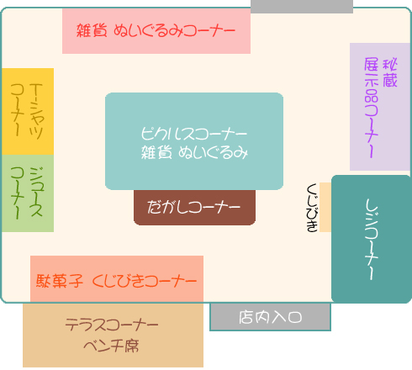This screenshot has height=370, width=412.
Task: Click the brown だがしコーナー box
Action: pyautogui.click(x=194, y=208)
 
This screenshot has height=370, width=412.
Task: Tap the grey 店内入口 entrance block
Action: pyautogui.click(x=271, y=317)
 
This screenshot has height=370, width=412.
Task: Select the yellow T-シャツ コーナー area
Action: pyautogui.click(x=28, y=111)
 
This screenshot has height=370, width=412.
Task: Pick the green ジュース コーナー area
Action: pyautogui.click(x=28, y=193)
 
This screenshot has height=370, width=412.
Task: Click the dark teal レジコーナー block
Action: pyautogui.click(x=372, y=239)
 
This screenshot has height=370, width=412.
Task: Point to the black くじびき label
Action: pyautogui.click(x=312, y=208)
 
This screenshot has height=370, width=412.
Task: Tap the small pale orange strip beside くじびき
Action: pyautogui.click(x=325, y=207)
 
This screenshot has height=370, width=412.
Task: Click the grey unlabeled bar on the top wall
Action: pyautogui.click(x=302, y=7)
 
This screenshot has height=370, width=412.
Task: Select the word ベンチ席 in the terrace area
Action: pyautogui.click(x=111, y=346)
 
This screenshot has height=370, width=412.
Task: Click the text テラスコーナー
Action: pyautogui.click(x=112, y=325)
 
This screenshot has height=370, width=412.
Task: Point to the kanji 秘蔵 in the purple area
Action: pyautogui.click(x=390, y=72)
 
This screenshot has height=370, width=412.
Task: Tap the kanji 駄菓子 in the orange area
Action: pyautogui.click(x=60, y=281)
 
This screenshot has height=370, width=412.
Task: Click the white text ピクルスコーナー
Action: pyautogui.click(x=194, y=134)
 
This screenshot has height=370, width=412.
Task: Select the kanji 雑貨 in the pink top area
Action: pyautogui.click(x=92, y=30)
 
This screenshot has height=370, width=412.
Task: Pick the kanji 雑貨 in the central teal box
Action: pyautogui.click(x=156, y=152)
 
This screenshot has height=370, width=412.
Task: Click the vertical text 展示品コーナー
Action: pyautogui.click(x=372, y=108)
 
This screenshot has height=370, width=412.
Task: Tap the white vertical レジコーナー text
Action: pyautogui.click(x=372, y=239)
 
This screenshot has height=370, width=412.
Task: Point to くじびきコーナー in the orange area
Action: pyautogui.click(x=145, y=281)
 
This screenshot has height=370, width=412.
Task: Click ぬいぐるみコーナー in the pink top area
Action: pyautogui.click(x=174, y=30)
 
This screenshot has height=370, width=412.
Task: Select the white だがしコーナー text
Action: pyautogui.click(x=193, y=207)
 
